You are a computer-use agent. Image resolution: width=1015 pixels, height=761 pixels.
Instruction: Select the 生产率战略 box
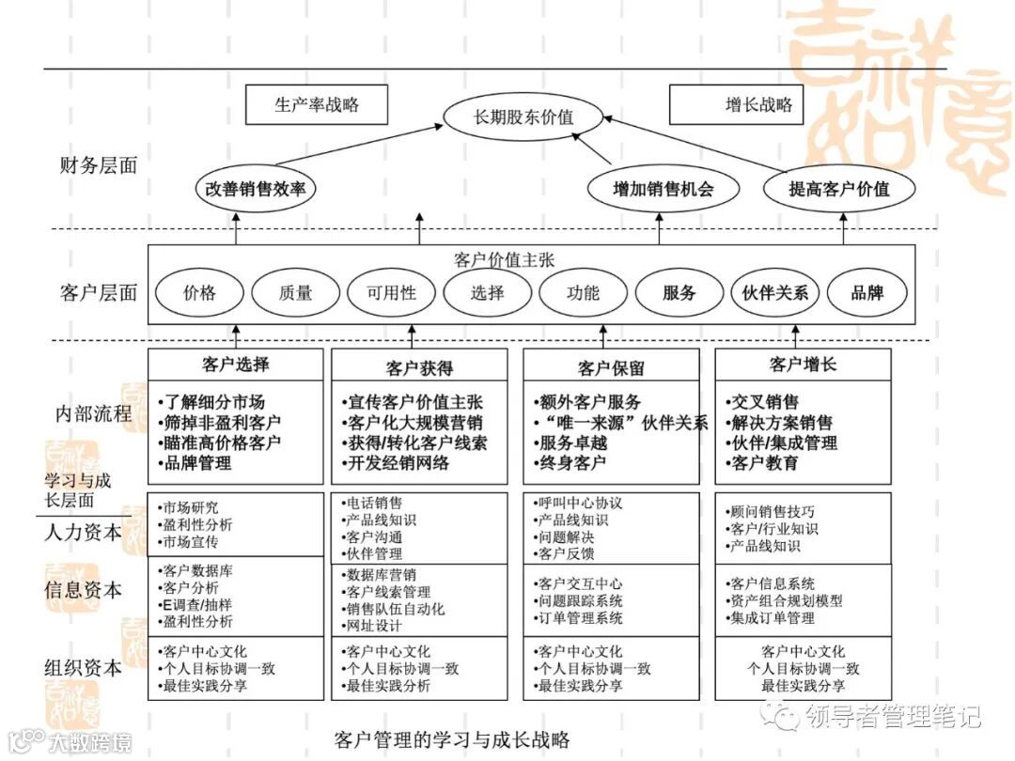[316, 105]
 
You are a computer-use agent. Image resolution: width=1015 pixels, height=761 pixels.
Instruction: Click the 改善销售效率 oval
[256, 188]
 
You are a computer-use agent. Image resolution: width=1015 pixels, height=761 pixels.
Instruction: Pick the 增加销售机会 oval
[663, 188]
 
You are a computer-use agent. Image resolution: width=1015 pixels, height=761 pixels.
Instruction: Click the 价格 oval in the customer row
[199, 292]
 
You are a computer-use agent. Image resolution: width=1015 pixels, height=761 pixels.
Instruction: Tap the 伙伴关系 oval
[774, 292]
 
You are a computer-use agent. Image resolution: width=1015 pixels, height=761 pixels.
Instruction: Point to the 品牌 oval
[867, 292]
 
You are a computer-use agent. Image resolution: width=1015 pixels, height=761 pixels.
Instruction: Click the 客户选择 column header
[235, 365]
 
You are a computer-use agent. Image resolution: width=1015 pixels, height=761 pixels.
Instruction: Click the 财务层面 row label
[98, 166]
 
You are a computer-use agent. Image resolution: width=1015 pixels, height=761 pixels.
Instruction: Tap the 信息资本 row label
[84, 590]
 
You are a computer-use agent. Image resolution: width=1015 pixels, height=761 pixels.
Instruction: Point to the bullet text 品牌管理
[198, 463]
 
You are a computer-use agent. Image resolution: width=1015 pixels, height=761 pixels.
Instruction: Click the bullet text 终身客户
[572, 463]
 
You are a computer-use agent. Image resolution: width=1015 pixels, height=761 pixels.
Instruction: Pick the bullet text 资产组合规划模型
[786, 601]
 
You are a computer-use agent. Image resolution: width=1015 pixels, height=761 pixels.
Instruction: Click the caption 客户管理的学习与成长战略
[452, 739]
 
